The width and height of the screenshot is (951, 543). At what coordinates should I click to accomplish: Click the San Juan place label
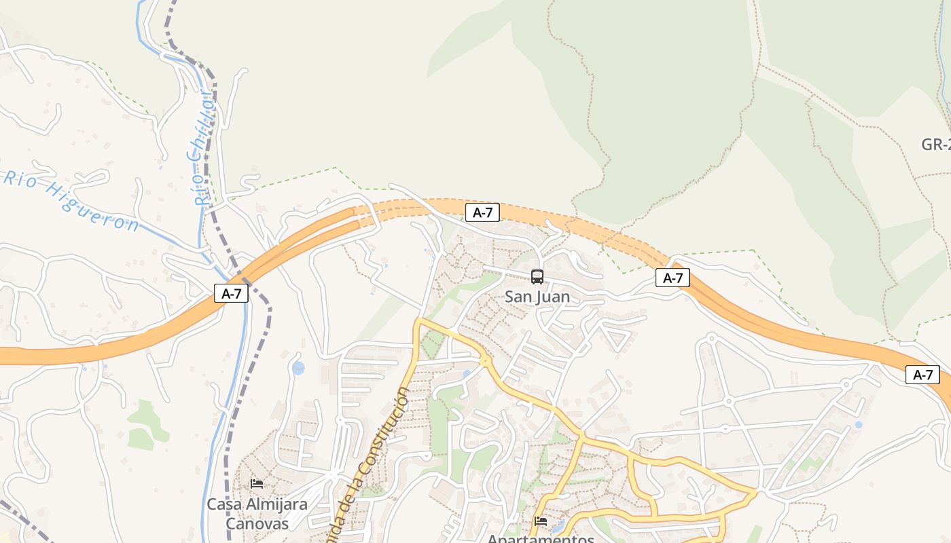tap(537, 297)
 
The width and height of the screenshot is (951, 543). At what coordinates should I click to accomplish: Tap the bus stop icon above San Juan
tap(537, 277)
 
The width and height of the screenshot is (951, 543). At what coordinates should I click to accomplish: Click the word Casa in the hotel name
tap(226, 504)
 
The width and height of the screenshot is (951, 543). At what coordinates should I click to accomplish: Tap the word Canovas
tap(257, 524)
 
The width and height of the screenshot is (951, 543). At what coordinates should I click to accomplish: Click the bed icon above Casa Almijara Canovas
tap(257, 484)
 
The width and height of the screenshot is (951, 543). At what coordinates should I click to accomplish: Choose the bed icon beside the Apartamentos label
tap(541, 521)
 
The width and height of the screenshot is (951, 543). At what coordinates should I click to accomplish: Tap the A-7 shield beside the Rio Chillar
tap(232, 293)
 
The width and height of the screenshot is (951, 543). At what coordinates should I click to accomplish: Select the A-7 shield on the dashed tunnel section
tap(482, 212)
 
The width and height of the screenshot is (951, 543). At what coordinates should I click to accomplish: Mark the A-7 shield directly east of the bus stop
tap(672, 278)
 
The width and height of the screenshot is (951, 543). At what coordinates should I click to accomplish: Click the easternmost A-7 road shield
tap(922, 375)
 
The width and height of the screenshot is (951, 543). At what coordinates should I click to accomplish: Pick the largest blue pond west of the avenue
tap(298, 369)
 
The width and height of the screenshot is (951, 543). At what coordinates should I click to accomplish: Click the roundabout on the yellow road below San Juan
tap(485, 362)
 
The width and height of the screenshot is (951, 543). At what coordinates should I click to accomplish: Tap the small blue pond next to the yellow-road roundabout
tap(466, 374)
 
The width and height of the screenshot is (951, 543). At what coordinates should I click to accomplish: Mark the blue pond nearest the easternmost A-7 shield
tap(859, 425)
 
